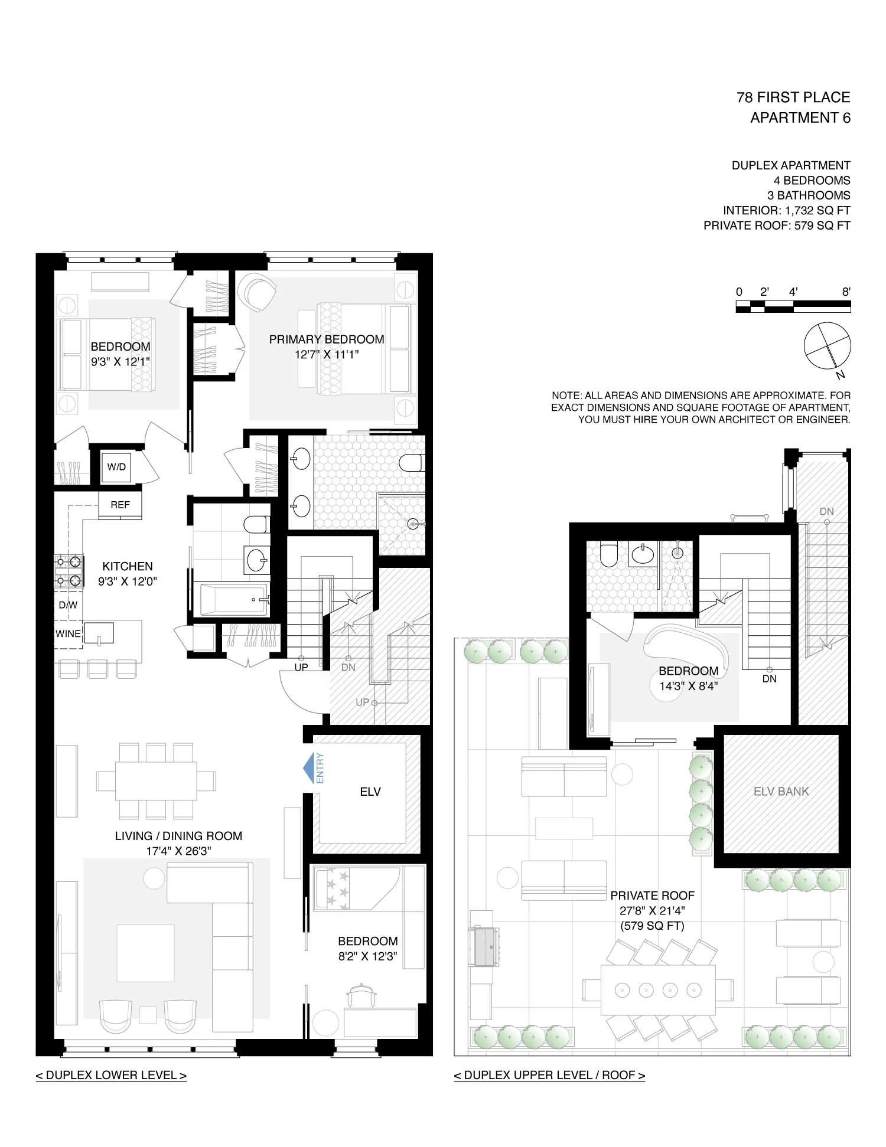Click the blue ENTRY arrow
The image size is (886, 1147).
point(310,768)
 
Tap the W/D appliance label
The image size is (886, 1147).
point(116,467)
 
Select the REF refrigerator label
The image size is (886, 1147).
point(120,505)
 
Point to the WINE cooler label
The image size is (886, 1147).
point(68,633)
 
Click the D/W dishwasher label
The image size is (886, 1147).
point(68,604)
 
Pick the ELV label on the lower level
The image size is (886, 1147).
point(370,792)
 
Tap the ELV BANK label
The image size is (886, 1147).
point(781,792)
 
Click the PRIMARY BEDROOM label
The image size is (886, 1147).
point(327,339)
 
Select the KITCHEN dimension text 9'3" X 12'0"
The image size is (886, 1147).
point(128,581)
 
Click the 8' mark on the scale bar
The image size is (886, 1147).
point(846,292)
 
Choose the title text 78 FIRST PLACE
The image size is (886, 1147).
point(793,97)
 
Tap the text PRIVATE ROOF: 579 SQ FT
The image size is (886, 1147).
point(777,226)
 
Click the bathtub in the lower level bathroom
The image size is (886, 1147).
point(233,600)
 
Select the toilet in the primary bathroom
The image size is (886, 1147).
point(412,463)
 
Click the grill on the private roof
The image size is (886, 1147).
point(485,947)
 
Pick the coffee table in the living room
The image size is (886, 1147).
point(145,953)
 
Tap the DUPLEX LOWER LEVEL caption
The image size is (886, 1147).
point(111,1075)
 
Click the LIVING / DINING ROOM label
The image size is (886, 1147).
point(178,836)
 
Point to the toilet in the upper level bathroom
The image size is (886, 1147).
point(608,555)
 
